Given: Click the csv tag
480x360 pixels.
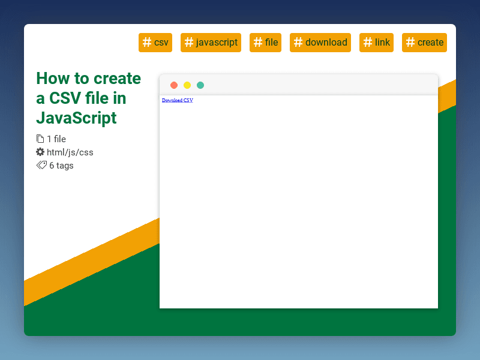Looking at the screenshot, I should tap(155, 43).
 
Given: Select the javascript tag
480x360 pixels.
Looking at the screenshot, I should tap(211, 43).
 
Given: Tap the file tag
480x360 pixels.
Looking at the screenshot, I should tap(265, 43).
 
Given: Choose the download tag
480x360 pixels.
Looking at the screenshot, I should tap(320, 43).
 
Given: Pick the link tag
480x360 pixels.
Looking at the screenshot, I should tap(376, 43).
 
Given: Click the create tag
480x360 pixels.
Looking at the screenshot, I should tap(424, 43).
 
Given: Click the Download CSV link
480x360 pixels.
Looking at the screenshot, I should tap(178, 100).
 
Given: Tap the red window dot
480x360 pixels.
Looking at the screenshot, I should tap(174, 85).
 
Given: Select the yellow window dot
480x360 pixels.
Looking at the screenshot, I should tap(187, 85).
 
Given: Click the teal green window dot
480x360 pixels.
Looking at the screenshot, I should tap(200, 85).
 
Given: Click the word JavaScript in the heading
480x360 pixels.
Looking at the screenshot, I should tap(76, 117).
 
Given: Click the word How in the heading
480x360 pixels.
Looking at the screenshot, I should tap(52, 79).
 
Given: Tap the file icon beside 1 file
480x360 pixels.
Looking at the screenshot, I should tap(40, 139).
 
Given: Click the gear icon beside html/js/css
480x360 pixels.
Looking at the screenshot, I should tap(40, 152).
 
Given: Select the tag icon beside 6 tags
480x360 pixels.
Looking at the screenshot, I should tap(41, 165).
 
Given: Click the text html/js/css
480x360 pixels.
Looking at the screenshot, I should tap(70, 152).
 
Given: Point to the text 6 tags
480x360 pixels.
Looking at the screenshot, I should tap(61, 166).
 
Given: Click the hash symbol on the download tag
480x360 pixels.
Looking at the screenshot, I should tap(298, 42).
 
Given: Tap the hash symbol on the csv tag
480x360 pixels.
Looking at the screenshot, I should tap(147, 42).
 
